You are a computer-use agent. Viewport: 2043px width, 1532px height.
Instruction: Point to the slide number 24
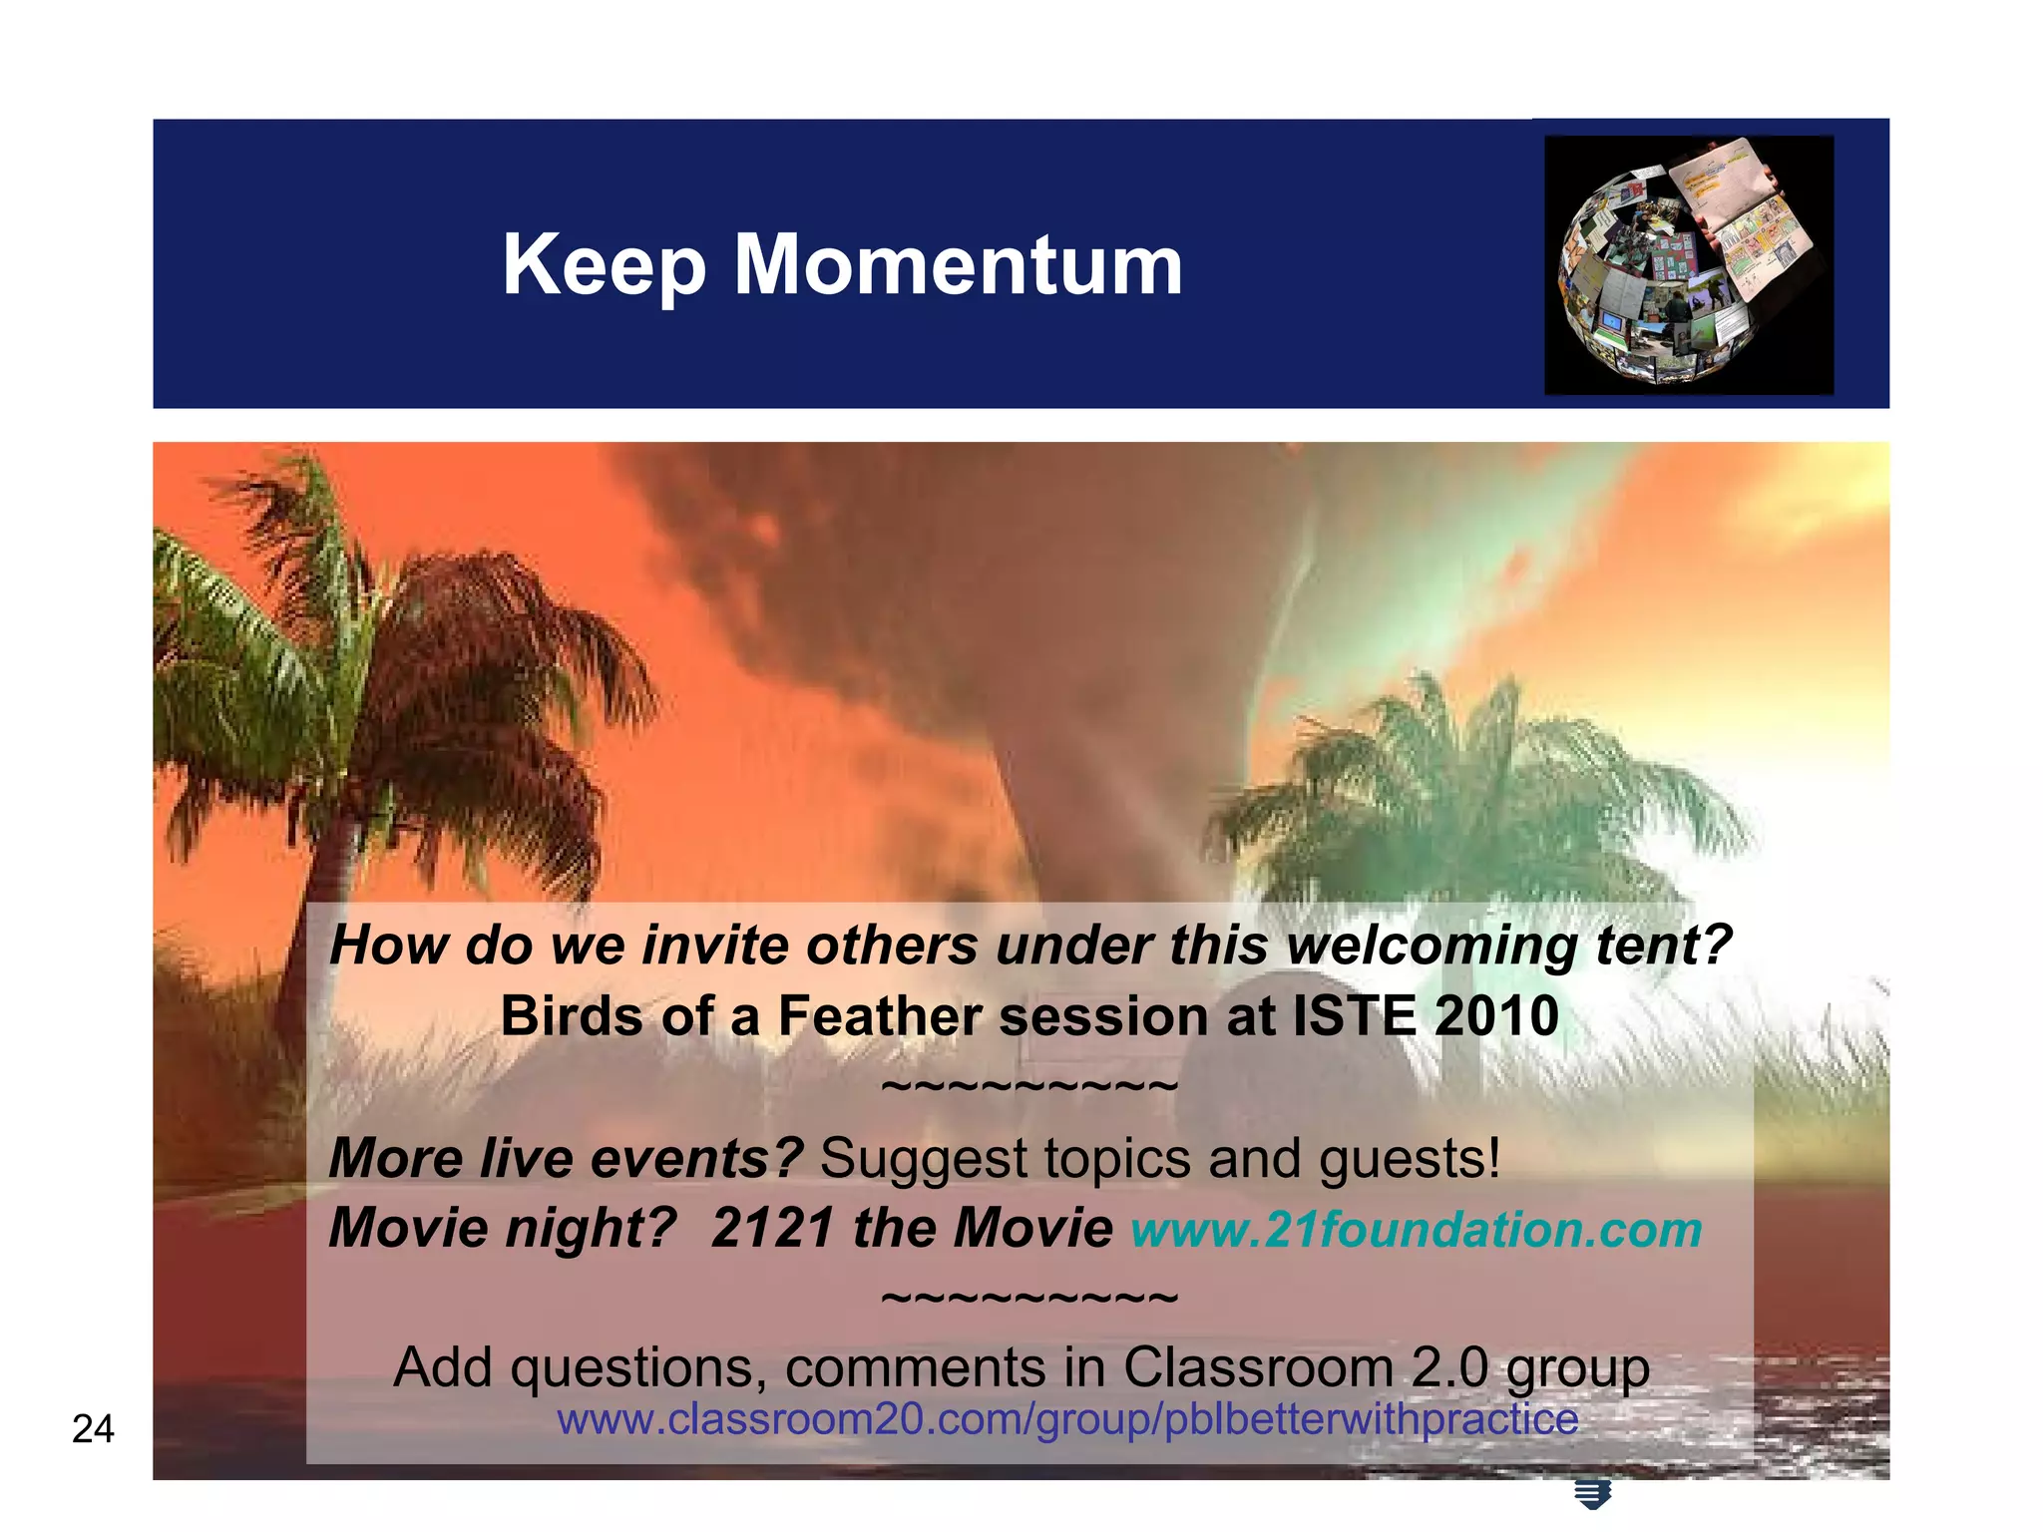click(93, 1429)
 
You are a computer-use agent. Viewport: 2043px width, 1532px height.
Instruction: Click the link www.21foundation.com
click(1417, 1229)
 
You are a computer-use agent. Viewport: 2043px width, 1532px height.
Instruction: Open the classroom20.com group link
click(1067, 1419)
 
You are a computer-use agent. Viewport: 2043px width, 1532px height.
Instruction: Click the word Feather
click(882, 1016)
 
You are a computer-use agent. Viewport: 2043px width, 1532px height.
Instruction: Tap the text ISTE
click(1354, 1016)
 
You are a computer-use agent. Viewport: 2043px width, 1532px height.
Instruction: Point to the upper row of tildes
click(1030, 1084)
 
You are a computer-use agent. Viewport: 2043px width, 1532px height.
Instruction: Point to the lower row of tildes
click(1030, 1297)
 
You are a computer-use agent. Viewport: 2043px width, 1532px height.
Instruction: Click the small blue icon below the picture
click(1592, 1494)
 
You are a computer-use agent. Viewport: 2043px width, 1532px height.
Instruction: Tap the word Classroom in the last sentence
click(1258, 1367)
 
